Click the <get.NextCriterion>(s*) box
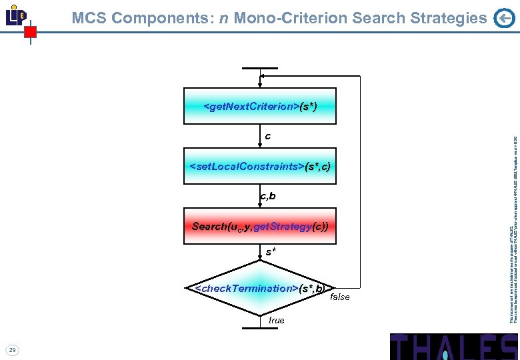260,106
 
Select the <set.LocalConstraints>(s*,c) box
260,165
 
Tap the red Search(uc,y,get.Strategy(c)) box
260,227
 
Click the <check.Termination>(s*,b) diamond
260,288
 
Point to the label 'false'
339,297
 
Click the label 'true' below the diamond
276,321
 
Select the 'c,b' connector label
267,196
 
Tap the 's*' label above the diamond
271,252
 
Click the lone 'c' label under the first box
267,137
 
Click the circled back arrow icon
504,19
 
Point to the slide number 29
12,349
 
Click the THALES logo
453,347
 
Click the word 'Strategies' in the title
445,19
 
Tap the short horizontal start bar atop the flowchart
260,69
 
